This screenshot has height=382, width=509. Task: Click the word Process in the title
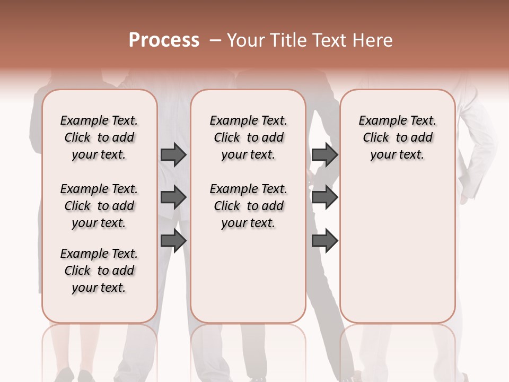pyautogui.click(x=164, y=40)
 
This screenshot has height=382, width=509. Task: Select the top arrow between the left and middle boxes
pyautogui.click(x=173, y=154)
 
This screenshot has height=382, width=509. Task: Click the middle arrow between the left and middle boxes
pyautogui.click(x=173, y=198)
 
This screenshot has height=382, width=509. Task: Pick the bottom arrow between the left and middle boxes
pyautogui.click(x=173, y=241)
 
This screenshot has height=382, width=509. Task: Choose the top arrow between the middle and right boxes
pyautogui.click(x=324, y=154)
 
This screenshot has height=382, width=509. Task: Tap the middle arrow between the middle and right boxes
pyautogui.click(x=324, y=198)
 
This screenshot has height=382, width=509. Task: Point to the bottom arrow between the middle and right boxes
pyautogui.click(x=324, y=241)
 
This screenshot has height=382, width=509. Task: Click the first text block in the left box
pyautogui.click(x=99, y=137)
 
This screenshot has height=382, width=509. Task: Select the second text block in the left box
pyautogui.click(x=99, y=206)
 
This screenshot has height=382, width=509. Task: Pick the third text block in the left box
pyautogui.click(x=99, y=271)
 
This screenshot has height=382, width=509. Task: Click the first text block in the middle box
pyautogui.click(x=248, y=137)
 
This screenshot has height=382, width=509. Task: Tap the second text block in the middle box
pyautogui.click(x=248, y=206)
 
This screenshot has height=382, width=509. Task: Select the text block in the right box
pyautogui.click(x=397, y=137)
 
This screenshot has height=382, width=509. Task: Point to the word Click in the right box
pyautogui.click(x=376, y=138)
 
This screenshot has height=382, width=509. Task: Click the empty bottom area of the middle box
pyautogui.click(x=248, y=281)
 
